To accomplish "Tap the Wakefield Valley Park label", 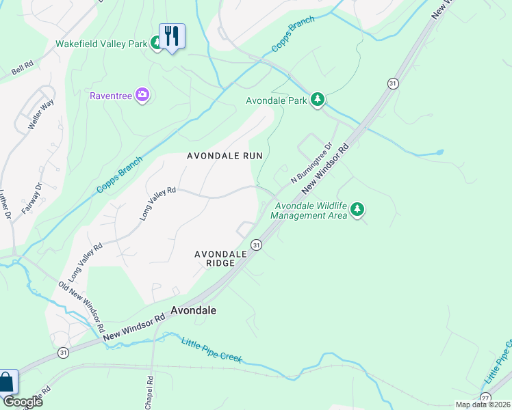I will pyautogui.click(x=101, y=44).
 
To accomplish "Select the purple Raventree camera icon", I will pyautogui.click(x=142, y=94).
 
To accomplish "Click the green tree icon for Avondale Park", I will pyautogui.click(x=317, y=100).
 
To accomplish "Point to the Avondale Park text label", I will pyautogui.click(x=276, y=100).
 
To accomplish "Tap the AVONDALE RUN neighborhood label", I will pyautogui.click(x=225, y=156).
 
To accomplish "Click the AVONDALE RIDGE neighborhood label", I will pyautogui.click(x=220, y=258).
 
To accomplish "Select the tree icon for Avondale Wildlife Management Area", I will pyautogui.click(x=357, y=210).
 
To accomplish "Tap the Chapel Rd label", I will pyautogui.click(x=149, y=389).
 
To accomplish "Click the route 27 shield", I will pyautogui.click(x=485, y=398).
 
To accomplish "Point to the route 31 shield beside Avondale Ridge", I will pyautogui.click(x=256, y=245).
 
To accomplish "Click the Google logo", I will pyautogui.click(x=22, y=402).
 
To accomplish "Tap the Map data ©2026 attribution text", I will pyautogui.click(x=483, y=405).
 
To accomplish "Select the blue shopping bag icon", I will pyautogui.click(x=7, y=383).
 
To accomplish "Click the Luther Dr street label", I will pyautogui.click(x=8, y=205).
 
